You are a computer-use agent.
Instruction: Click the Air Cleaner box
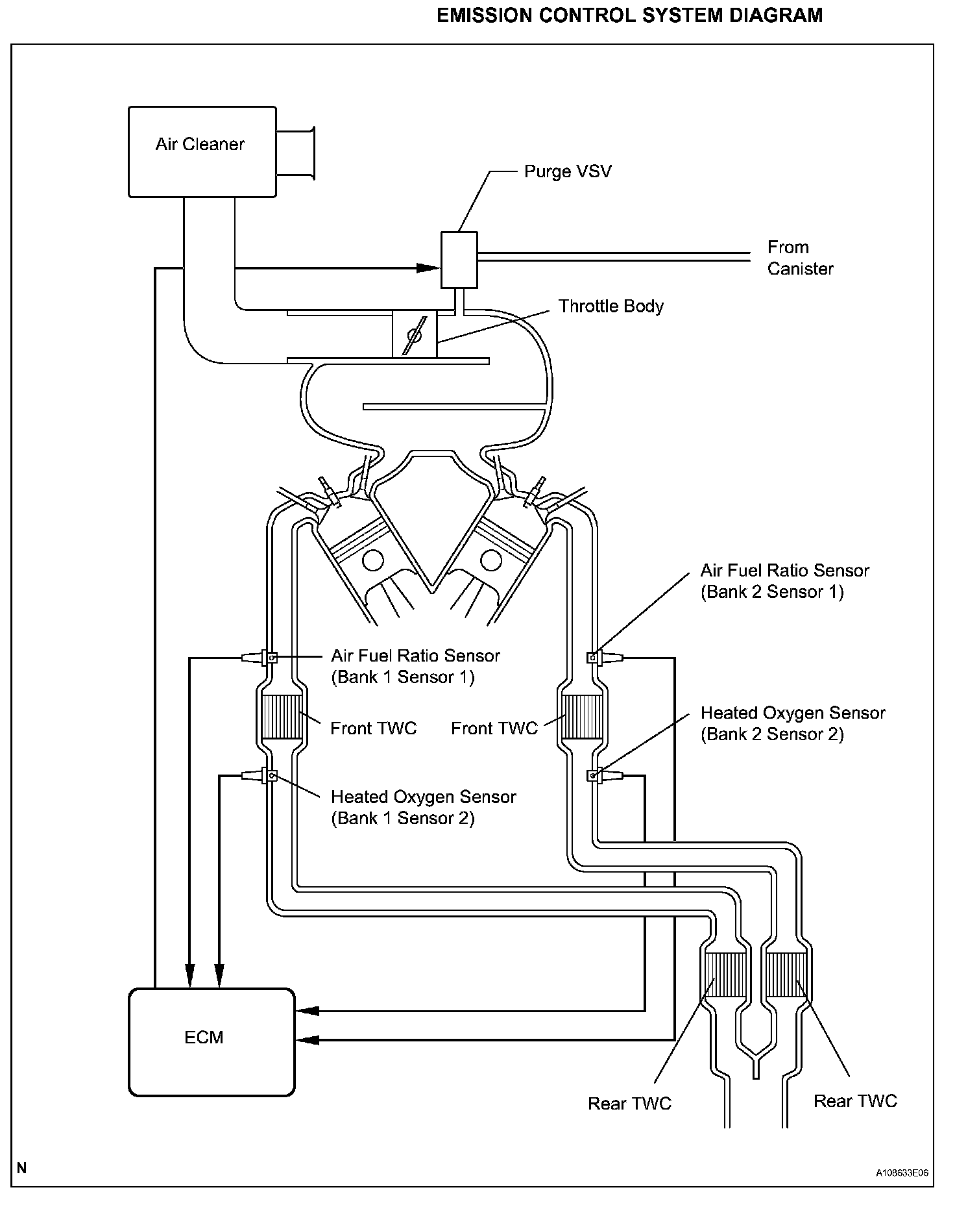pyautogui.click(x=202, y=151)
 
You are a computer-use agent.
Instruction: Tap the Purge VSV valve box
pyautogui.click(x=459, y=260)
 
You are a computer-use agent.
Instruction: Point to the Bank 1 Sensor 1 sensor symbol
pyautogui.click(x=260, y=658)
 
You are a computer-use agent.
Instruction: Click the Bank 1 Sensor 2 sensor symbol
pyautogui.click(x=260, y=775)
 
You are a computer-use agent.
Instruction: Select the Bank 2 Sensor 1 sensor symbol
pyautogui.click(x=605, y=658)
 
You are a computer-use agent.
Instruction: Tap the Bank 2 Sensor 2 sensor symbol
pyautogui.click(x=605, y=775)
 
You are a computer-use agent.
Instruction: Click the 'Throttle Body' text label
pyautogui.click(x=611, y=306)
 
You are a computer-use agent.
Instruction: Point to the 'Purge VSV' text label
pyautogui.click(x=568, y=172)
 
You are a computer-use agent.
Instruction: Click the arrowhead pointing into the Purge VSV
pyautogui.click(x=428, y=267)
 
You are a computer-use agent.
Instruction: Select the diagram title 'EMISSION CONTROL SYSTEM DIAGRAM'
pyautogui.click(x=629, y=16)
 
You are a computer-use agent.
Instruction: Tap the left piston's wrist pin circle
pyautogui.click(x=372, y=560)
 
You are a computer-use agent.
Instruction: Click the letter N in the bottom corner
pyautogui.click(x=22, y=1168)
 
